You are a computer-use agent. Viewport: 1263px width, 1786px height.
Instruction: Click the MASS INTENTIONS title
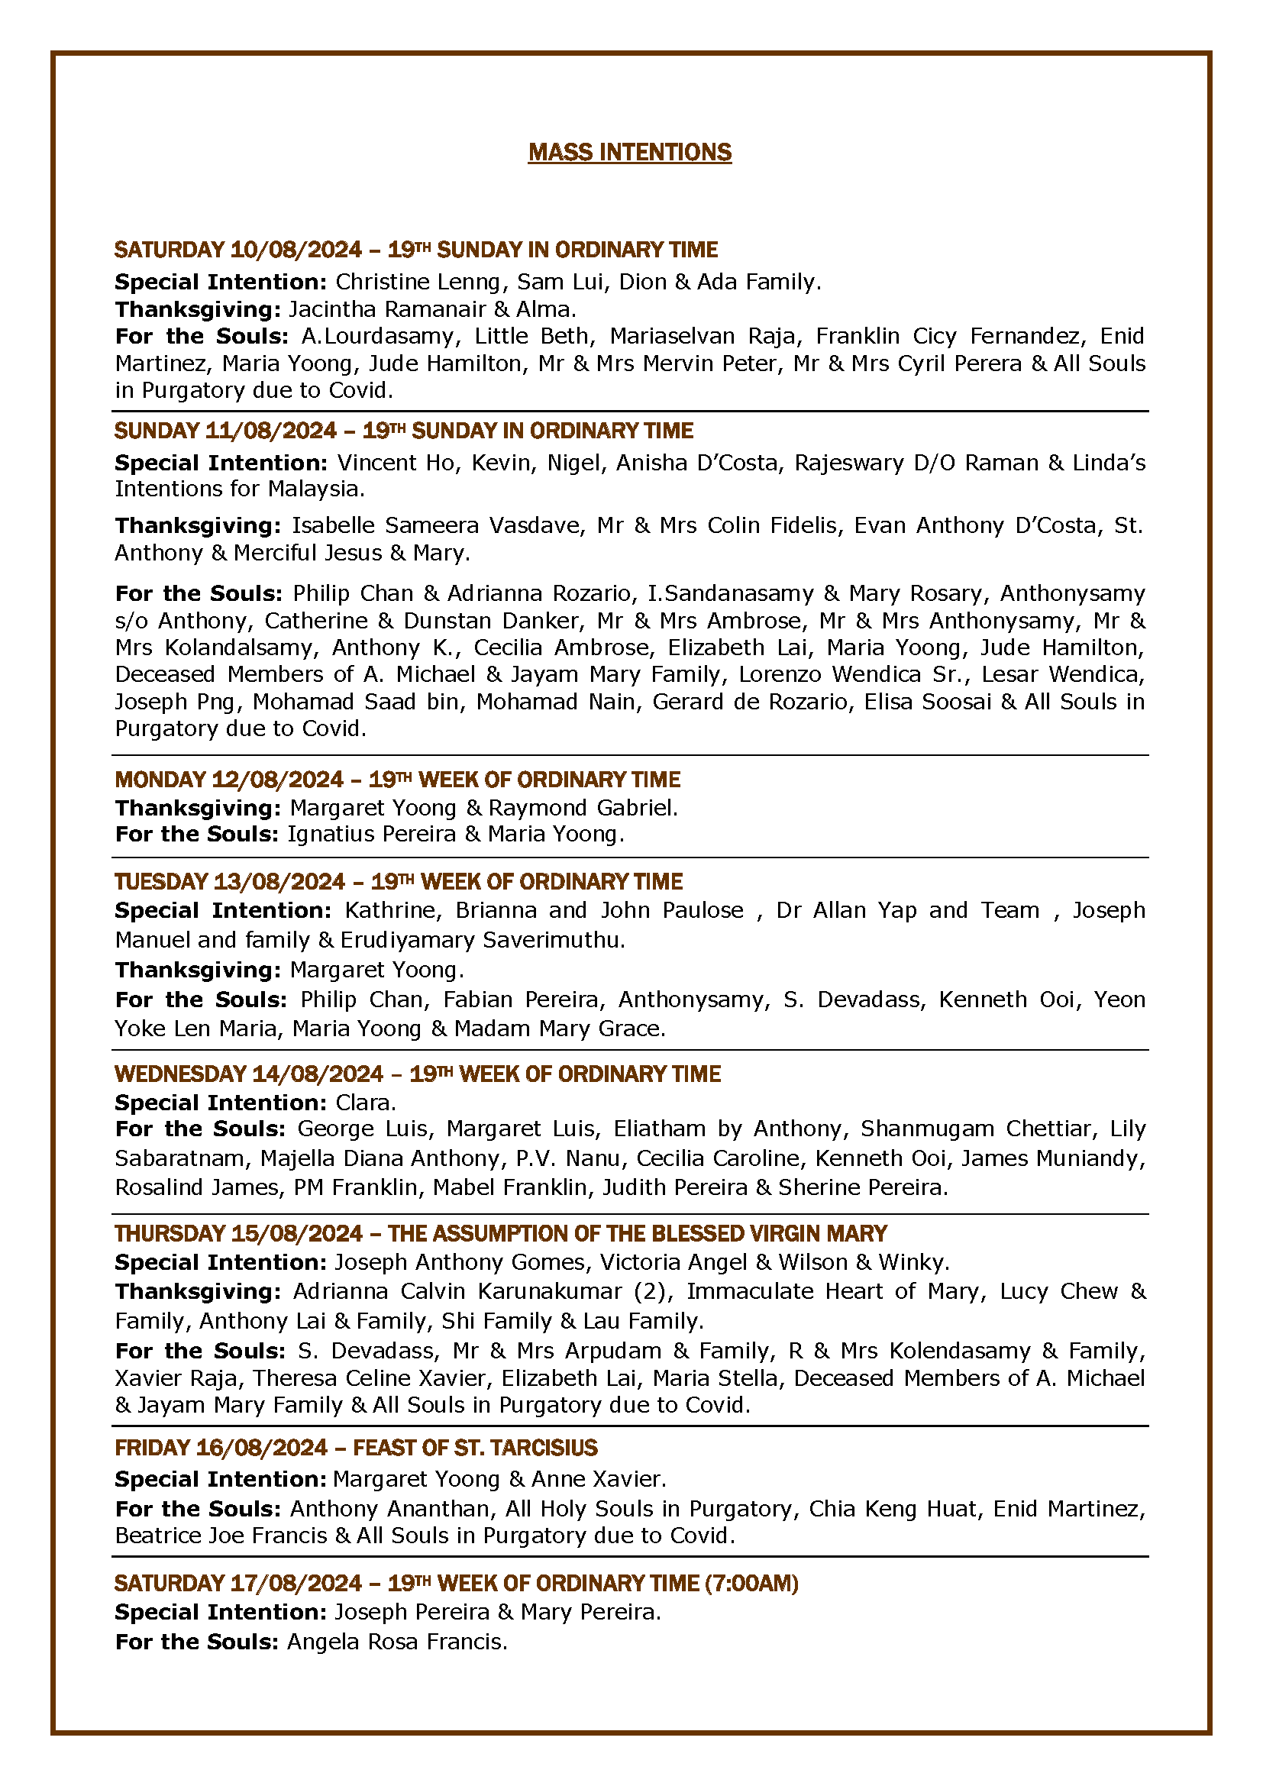click(630, 153)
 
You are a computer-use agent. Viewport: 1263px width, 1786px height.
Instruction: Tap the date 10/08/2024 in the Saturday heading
click(296, 250)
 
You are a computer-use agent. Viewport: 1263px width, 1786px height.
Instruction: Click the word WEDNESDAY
click(180, 1074)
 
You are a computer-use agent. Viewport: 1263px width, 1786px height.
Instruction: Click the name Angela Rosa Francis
click(396, 1642)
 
